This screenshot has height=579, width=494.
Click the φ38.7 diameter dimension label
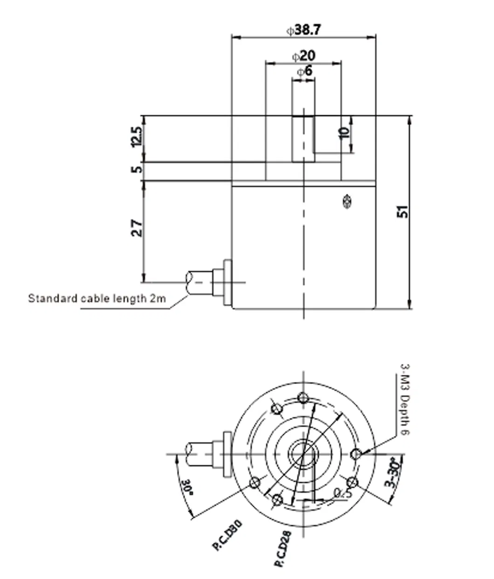click(303, 30)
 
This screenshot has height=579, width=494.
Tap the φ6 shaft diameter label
click(304, 71)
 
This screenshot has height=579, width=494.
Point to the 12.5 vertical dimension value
click(136, 137)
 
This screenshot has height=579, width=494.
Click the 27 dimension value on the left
click(136, 228)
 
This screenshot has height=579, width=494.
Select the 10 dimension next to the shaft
click(344, 132)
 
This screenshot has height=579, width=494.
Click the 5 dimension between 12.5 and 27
click(136, 169)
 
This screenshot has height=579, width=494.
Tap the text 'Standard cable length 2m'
click(97, 298)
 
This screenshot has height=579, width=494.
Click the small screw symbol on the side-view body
click(346, 201)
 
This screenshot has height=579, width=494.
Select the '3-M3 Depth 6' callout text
click(404, 400)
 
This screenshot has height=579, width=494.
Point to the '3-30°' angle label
click(392, 475)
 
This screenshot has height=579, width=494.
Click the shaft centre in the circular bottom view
click(303, 453)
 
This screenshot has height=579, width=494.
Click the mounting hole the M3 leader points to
click(356, 453)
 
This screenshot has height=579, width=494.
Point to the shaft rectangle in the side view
click(303, 139)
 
